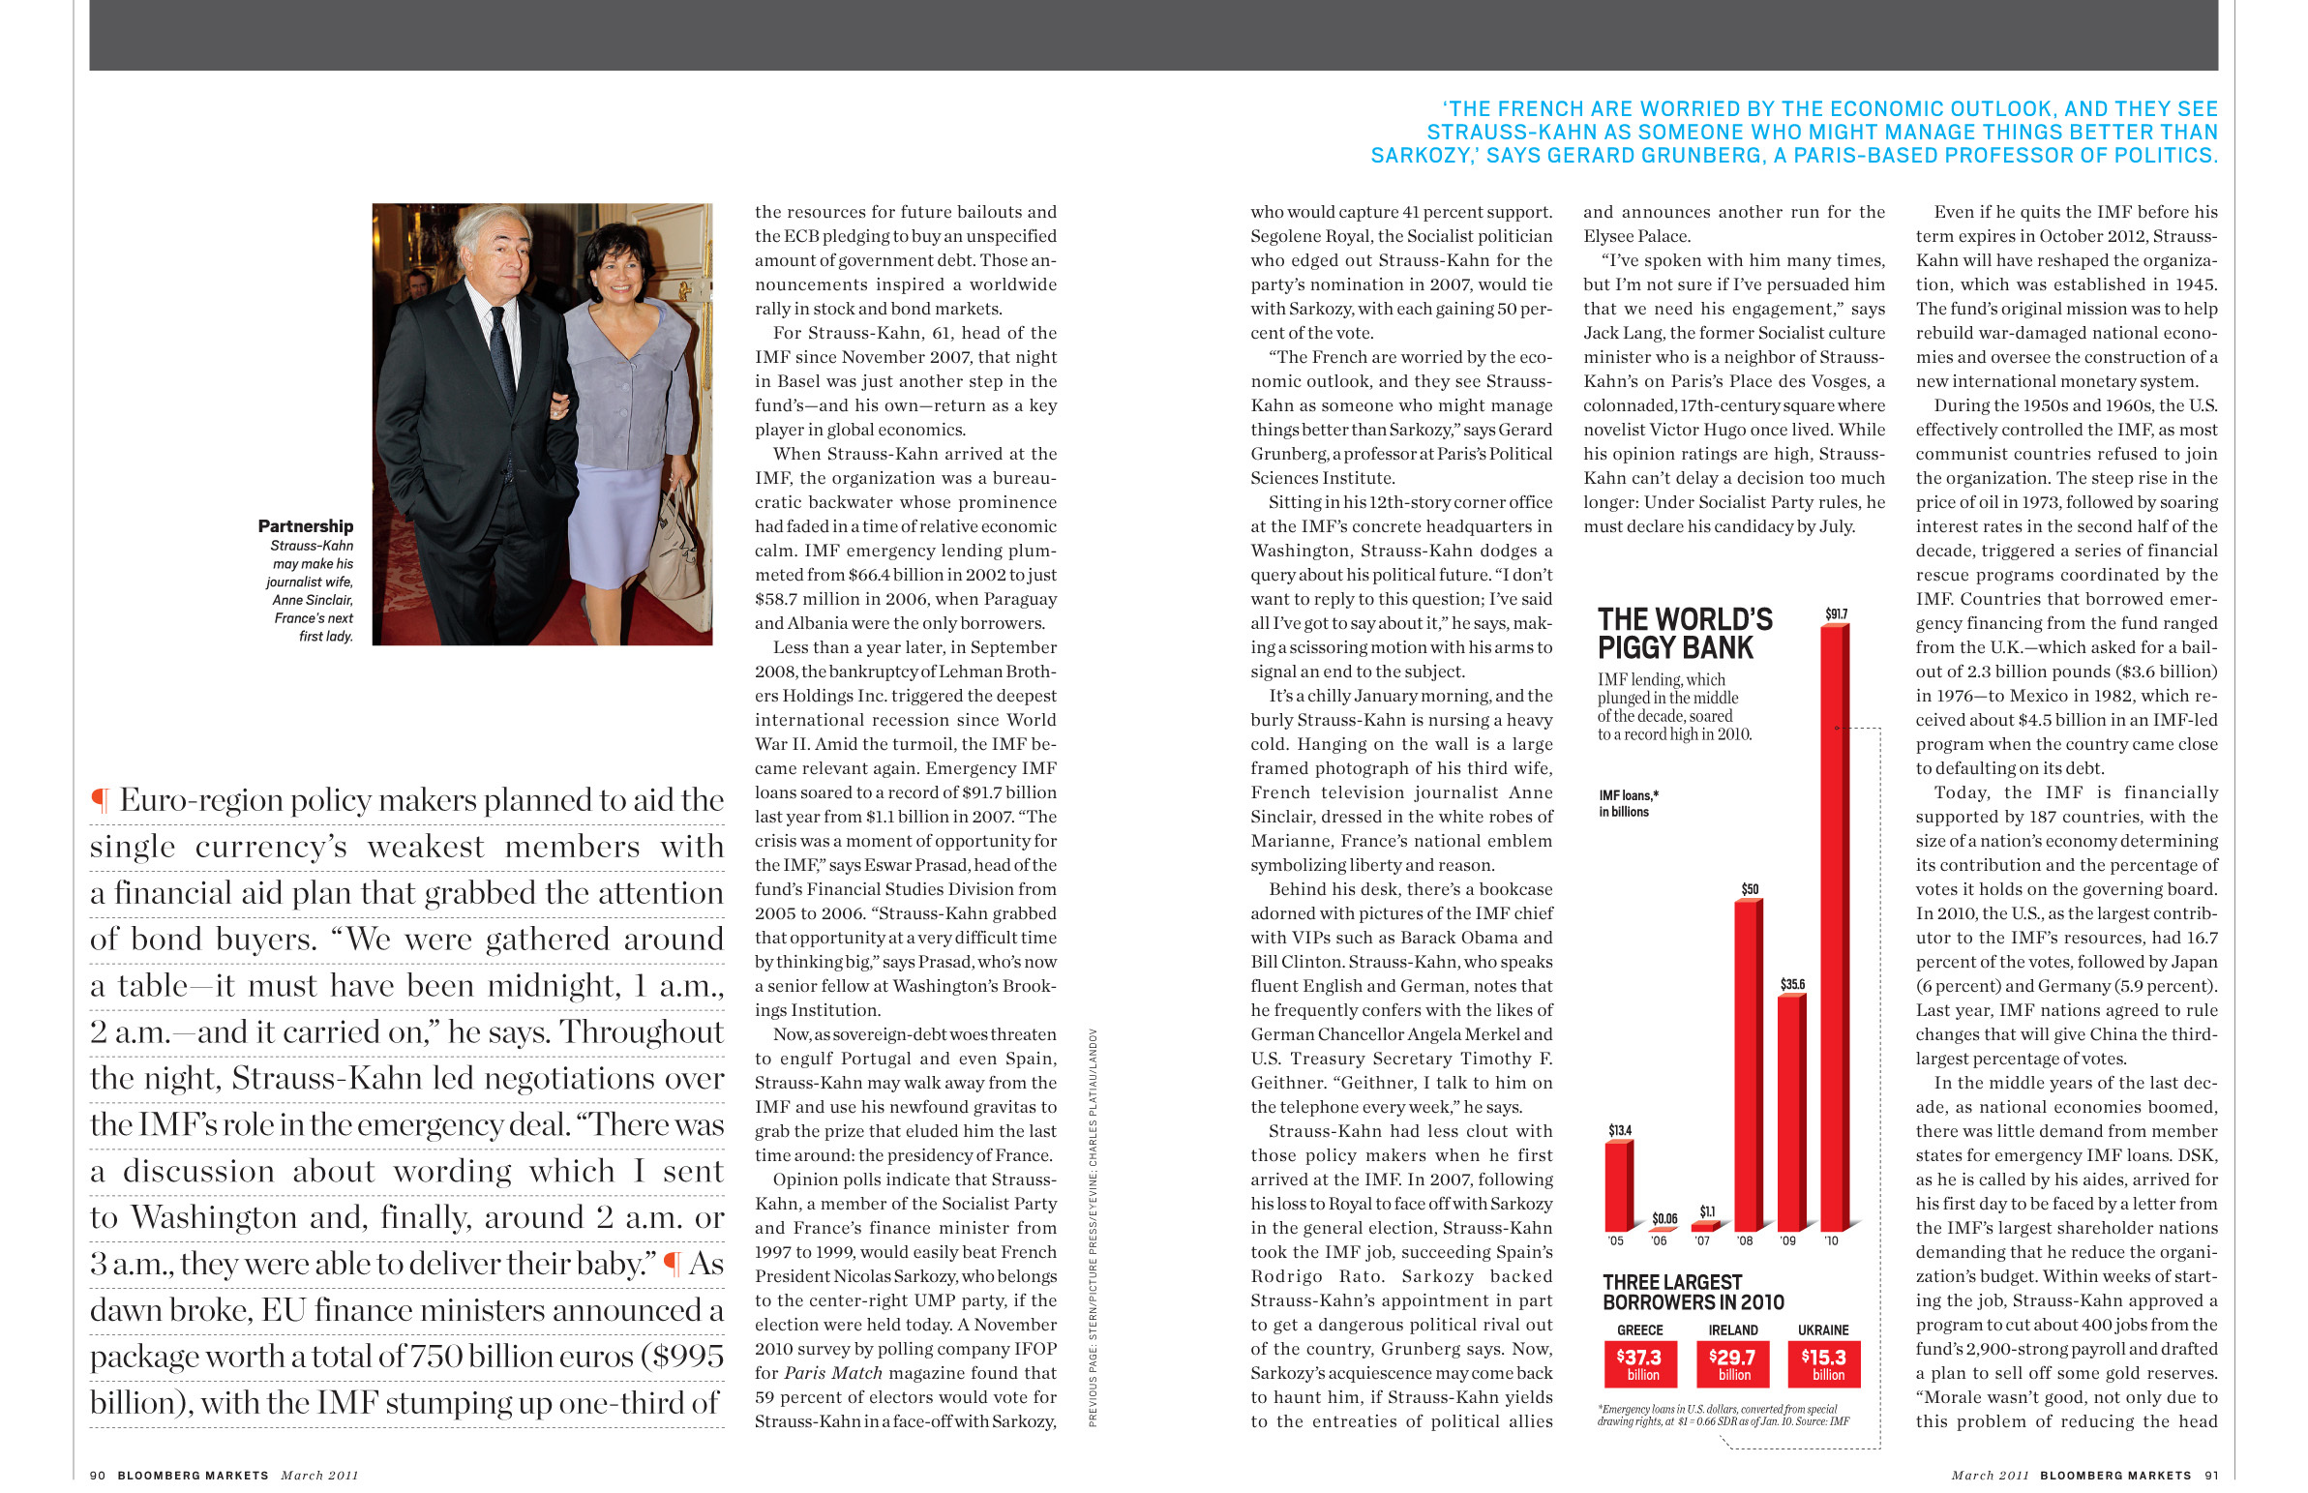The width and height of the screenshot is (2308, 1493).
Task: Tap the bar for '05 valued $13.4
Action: (x=1617, y=1184)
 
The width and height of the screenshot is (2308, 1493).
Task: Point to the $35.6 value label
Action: (x=1791, y=984)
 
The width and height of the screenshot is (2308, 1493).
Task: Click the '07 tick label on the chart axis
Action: (x=1701, y=1240)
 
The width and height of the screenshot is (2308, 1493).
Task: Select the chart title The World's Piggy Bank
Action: (x=1684, y=633)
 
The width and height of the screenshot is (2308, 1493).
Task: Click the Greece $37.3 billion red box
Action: (x=1637, y=1363)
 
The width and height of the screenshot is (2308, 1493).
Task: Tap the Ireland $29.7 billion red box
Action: (x=1732, y=1363)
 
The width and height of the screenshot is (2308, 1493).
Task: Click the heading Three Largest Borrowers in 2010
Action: (x=1692, y=1292)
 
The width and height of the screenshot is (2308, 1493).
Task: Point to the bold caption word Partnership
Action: (x=306, y=526)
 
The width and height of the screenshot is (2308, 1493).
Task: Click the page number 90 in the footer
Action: (x=97, y=1475)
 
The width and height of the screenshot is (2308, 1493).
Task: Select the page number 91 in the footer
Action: (x=2211, y=1475)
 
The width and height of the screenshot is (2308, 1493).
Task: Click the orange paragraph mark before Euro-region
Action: (x=99, y=801)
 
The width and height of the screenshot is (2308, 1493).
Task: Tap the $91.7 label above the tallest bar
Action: (x=1836, y=613)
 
